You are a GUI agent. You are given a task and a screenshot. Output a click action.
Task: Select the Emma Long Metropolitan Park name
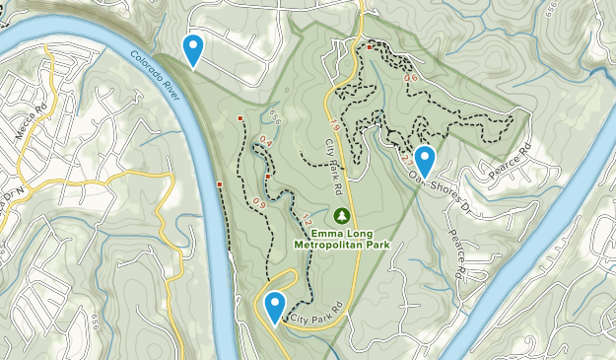tap(342, 238)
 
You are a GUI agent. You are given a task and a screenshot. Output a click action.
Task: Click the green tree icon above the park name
tap(342, 214)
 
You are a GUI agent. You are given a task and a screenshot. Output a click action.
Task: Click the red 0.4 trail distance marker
tap(265, 142)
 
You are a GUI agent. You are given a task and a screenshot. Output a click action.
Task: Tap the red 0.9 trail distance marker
tap(259, 203)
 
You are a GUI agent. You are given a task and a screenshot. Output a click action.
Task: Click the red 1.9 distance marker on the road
tap(334, 126)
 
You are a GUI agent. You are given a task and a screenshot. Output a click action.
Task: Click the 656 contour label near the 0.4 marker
tap(275, 115)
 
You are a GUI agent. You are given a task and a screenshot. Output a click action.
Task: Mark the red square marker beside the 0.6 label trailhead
tap(370, 46)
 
